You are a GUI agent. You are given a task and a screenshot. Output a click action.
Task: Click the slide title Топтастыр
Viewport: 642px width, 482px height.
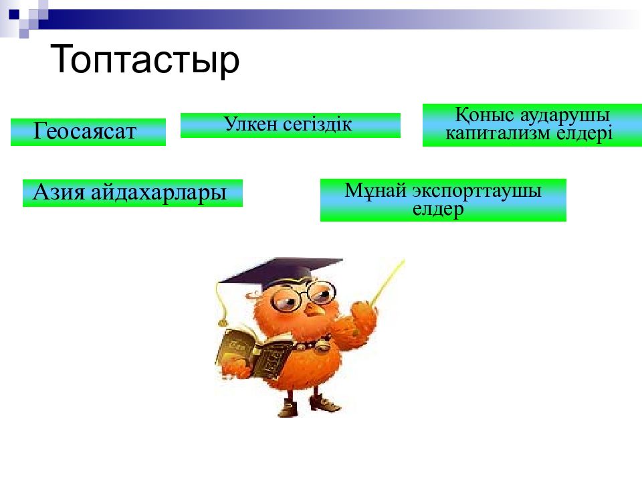[x=144, y=60]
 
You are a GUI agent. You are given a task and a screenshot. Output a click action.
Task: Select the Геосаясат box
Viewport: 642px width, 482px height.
[x=88, y=132]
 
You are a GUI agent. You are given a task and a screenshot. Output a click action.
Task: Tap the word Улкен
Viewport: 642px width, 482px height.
[x=245, y=125]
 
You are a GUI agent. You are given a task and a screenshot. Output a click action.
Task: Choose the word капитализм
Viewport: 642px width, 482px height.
[x=498, y=133]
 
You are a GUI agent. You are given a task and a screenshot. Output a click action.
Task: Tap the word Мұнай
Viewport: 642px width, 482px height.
[x=376, y=190]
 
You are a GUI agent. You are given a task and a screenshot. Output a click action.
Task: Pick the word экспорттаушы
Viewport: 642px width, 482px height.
[x=477, y=190]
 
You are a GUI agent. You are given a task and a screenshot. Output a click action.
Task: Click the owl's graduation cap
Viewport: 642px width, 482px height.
[x=288, y=271]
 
